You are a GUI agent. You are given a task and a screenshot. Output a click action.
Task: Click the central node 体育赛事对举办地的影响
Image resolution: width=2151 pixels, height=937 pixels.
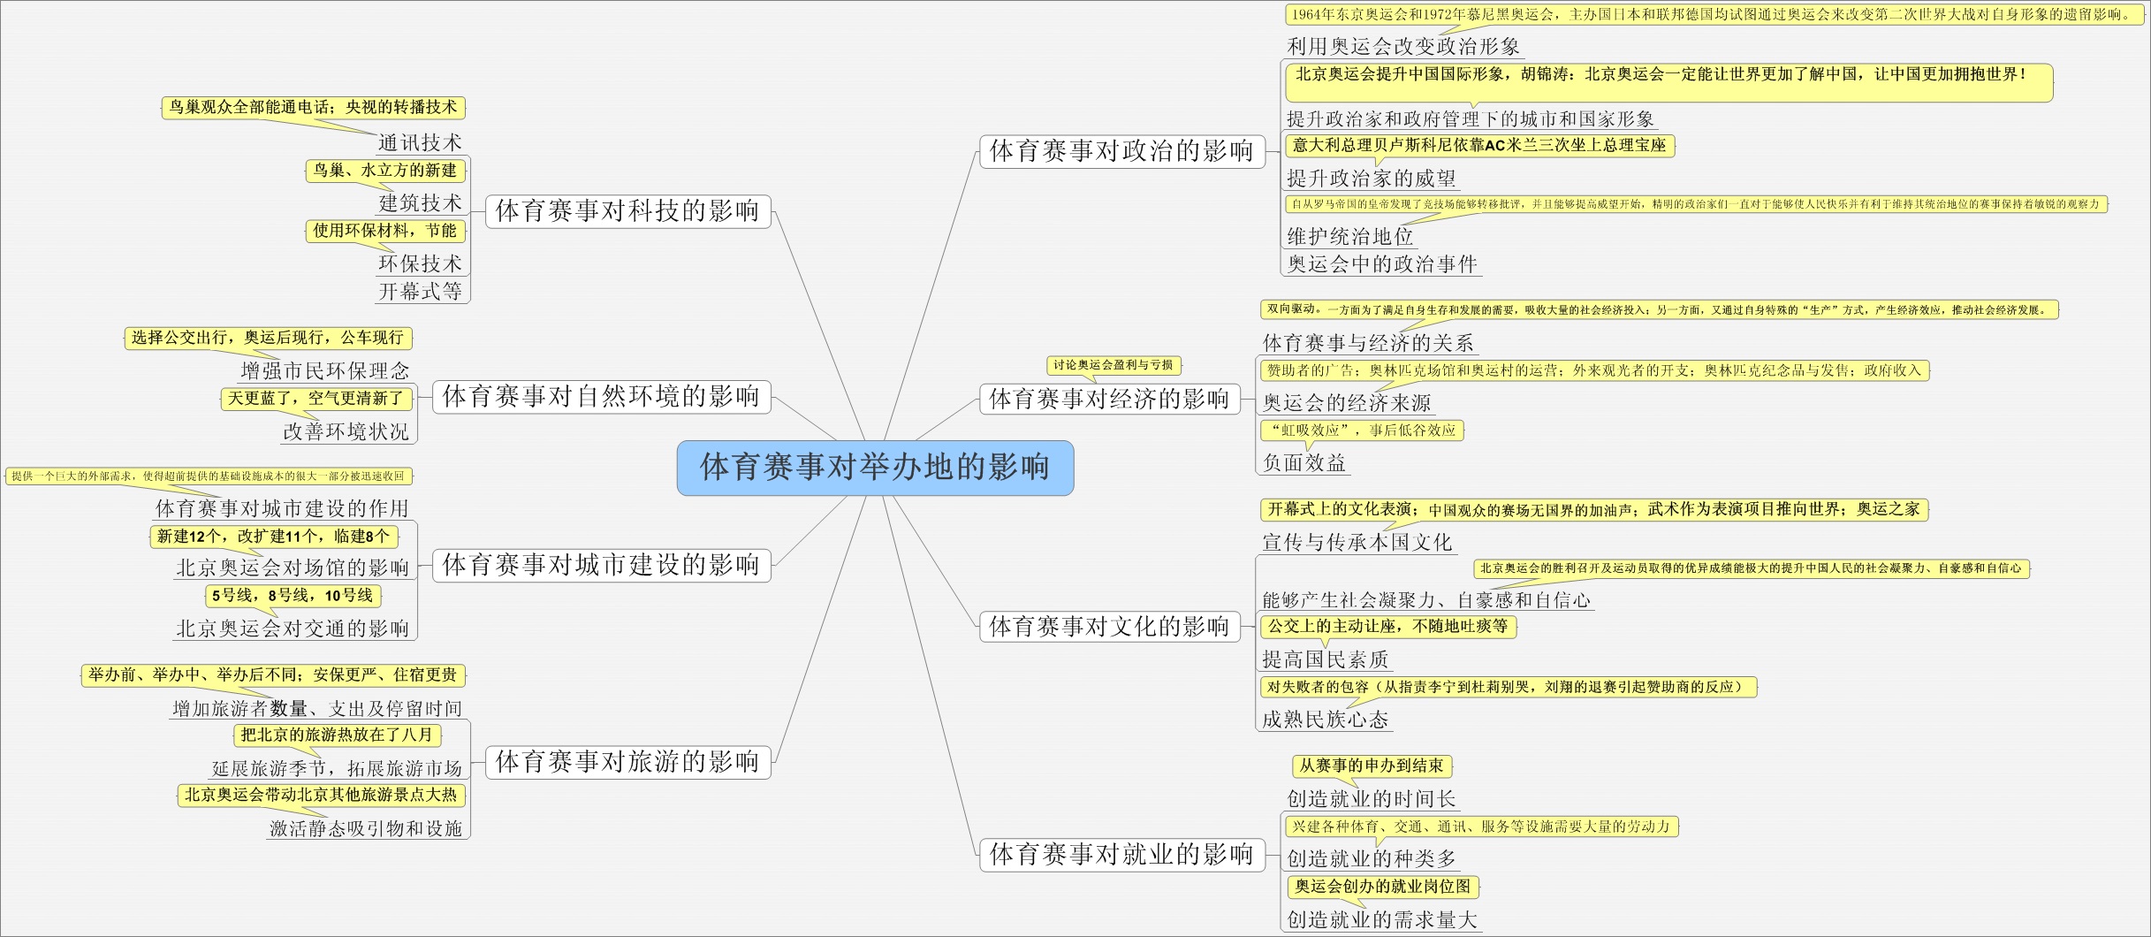(x=875, y=468)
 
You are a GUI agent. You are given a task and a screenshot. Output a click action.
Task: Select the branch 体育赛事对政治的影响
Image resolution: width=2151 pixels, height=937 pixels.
(x=1121, y=151)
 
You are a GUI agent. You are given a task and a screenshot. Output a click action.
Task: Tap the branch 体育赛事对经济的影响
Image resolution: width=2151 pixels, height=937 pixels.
(x=1109, y=400)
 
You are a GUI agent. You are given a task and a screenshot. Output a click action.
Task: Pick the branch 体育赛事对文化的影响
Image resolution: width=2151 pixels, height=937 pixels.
(x=1109, y=627)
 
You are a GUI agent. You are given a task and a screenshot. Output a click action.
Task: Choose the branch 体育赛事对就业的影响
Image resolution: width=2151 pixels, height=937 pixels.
(x=1121, y=854)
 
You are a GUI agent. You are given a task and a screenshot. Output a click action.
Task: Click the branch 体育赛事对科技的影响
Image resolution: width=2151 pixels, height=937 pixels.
(x=627, y=211)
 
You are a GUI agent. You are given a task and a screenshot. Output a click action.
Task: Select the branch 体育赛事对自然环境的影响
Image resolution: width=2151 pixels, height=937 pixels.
(x=601, y=397)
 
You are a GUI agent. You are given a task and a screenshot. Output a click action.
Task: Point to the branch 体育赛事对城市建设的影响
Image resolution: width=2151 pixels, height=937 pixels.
(x=601, y=565)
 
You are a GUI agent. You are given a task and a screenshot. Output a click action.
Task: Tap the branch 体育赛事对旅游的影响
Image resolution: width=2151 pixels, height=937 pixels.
(x=627, y=762)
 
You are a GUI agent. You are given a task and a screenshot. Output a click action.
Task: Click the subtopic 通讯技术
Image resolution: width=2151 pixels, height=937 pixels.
(x=420, y=143)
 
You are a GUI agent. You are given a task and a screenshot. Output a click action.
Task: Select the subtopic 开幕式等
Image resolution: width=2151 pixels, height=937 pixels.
(x=420, y=292)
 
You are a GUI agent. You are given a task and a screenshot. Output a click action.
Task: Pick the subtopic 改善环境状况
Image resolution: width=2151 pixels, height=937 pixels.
(x=346, y=432)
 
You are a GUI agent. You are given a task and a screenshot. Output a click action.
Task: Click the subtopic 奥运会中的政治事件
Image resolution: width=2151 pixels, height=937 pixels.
(x=1381, y=264)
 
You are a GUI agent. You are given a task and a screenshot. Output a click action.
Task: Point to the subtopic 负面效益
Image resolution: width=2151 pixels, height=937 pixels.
(x=1304, y=463)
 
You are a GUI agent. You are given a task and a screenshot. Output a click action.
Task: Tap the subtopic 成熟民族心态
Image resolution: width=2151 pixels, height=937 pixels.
(x=1325, y=720)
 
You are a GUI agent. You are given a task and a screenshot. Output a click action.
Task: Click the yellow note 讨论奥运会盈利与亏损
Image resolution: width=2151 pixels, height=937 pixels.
(x=1113, y=365)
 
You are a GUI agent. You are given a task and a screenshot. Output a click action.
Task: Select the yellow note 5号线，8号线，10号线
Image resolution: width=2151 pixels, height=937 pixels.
(x=293, y=596)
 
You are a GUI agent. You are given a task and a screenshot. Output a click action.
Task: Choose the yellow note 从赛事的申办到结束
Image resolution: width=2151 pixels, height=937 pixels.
(x=1371, y=766)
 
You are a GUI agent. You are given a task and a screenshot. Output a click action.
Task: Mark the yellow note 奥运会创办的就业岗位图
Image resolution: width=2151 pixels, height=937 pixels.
(x=1382, y=886)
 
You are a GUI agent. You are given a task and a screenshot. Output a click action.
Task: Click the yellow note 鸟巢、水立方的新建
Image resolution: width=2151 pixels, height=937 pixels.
(x=385, y=171)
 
